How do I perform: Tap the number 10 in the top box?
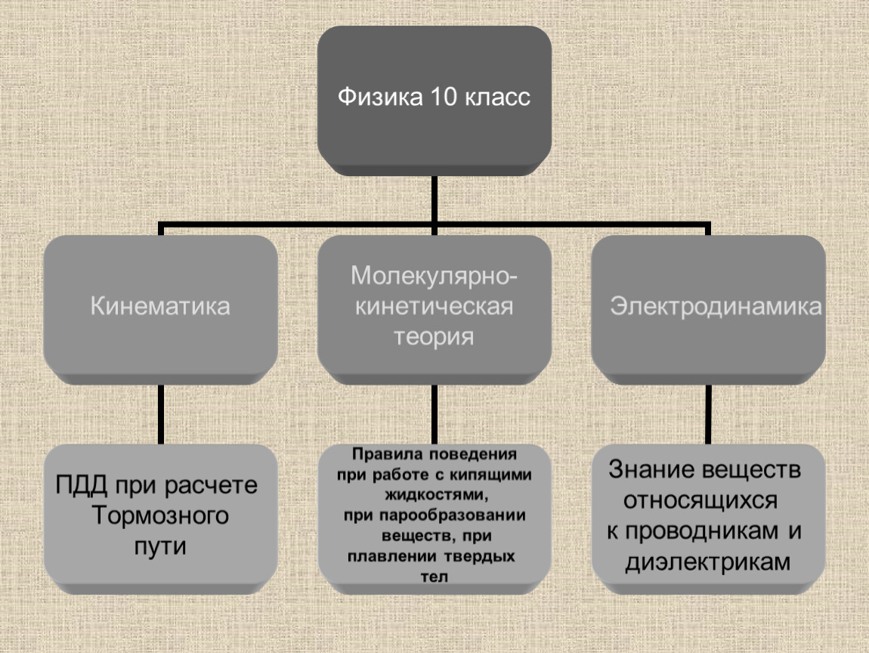(444, 97)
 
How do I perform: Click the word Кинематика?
(160, 306)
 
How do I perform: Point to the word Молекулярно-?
(434, 277)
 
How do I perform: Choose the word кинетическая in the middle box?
(434, 307)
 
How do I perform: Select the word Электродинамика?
(716, 307)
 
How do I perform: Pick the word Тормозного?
(160, 515)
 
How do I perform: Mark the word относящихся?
(700, 501)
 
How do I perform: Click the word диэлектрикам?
(708, 562)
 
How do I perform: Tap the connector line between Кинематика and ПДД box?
(161, 414)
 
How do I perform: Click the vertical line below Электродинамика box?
(708, 414)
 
